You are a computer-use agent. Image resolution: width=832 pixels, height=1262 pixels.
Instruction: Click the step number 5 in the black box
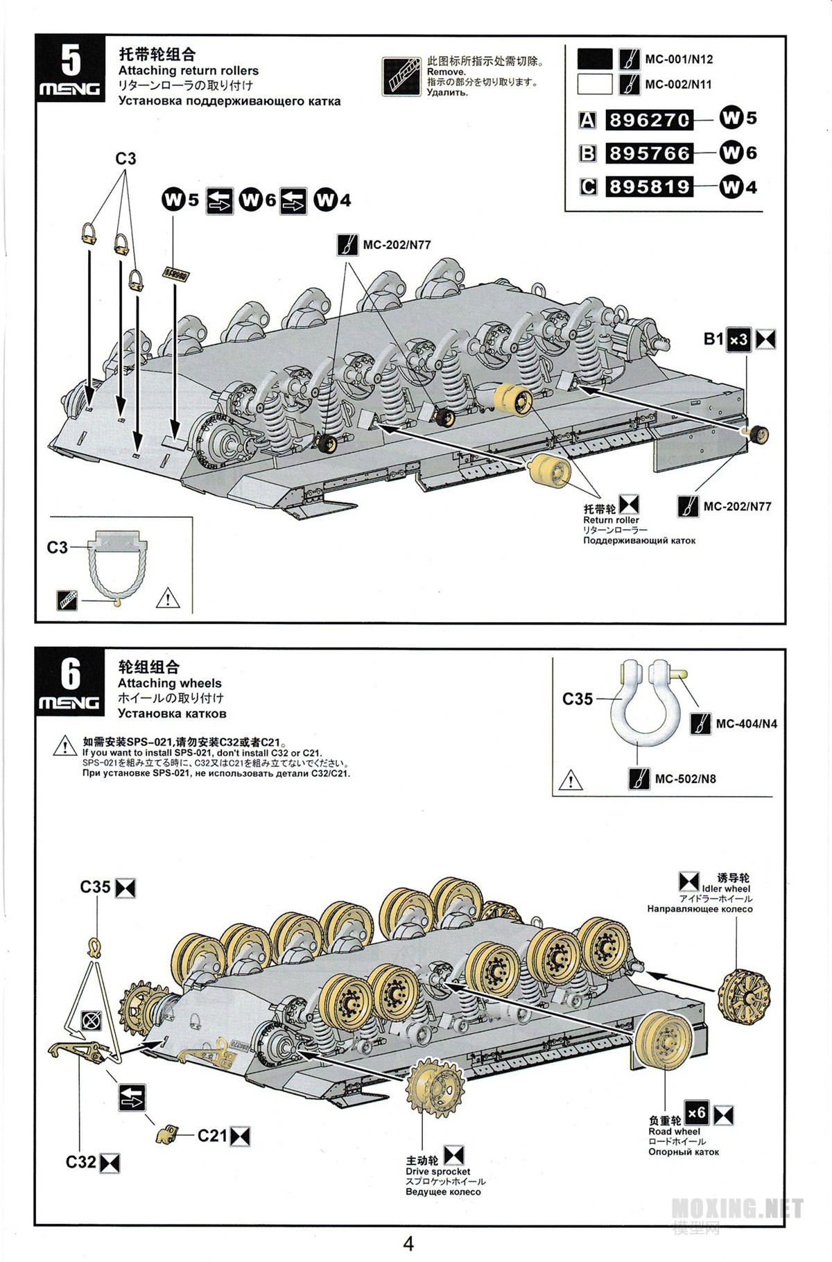click(x=70, y=60)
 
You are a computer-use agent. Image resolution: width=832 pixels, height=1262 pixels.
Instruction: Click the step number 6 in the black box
click(x=70, y=673)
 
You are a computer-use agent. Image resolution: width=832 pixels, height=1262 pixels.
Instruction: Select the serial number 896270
click(x=649, y=120)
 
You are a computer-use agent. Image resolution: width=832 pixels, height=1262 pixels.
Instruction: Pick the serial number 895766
click(x=649, y=153)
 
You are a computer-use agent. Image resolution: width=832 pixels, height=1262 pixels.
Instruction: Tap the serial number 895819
click(x=649, y=187)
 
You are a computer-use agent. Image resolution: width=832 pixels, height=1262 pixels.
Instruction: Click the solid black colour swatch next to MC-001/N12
click(x=595, y=59)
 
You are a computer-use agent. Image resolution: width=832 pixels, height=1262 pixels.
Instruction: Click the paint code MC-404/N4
click(x=746, y=724)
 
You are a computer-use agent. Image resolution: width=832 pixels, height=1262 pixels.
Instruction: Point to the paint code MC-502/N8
click(x=685, y=779)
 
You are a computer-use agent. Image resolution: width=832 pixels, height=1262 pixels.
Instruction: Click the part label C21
click(x=212, y=1136)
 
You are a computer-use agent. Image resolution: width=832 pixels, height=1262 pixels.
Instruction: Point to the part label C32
click(x=80, y=1162)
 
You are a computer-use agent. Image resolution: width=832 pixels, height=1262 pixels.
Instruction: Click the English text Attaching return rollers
click(x=188, y=71)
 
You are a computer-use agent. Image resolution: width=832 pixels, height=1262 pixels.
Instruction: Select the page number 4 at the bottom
click(x=408, y=1243)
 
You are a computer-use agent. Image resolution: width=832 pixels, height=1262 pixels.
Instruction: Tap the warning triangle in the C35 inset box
click(x=571, y=781)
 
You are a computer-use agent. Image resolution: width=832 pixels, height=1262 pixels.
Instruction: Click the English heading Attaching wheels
click(x=170, y=683)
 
